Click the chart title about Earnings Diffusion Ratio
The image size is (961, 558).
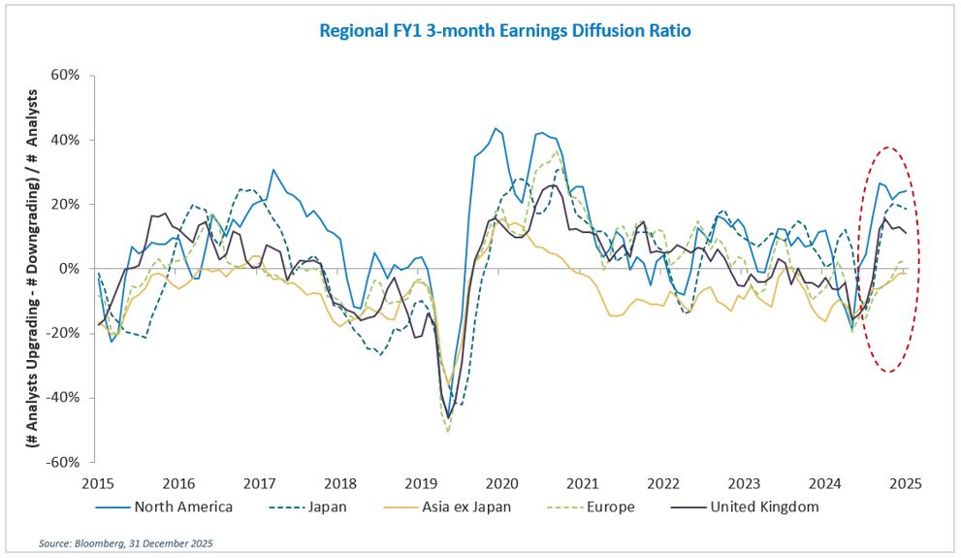pos(504,31)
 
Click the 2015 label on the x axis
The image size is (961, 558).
pos(97,483)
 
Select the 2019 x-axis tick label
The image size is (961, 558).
pos(421,483)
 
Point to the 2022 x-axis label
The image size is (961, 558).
pos(663,483)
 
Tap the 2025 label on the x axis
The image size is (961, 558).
pos(906,483)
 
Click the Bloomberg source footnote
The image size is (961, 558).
pos(126,542)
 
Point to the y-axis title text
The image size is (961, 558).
pos(32,269)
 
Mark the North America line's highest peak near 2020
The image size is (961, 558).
pos(496,128)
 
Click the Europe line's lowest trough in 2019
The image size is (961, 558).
pos(447,431)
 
